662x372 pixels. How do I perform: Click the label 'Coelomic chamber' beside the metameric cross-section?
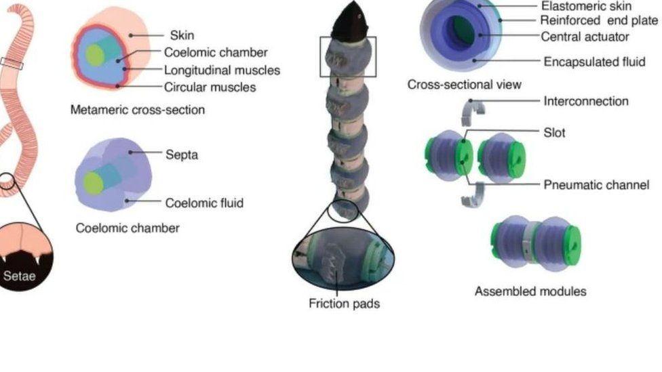pos(216,52)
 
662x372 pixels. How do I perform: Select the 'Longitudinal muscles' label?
pos(222,70)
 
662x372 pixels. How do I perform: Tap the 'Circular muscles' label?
pos(210,87)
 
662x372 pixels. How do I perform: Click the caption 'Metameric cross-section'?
pos(138,110)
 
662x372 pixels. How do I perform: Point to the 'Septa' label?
pos(182,155)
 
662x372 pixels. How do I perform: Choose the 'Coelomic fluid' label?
pos(204,203)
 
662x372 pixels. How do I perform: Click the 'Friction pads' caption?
pos(344,304)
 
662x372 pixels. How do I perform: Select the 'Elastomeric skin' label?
pos(586,5)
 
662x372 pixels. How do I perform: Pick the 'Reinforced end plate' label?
pos(599,20)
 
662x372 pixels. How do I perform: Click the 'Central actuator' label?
pos(585,37)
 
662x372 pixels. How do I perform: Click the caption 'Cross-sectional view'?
pos(464,85)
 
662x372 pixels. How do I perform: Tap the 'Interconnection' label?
pos(586,102)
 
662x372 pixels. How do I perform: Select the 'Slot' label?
pos(554,133)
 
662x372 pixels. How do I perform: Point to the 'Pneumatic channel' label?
pos(596,184)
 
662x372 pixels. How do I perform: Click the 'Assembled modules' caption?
pos(530,292)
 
